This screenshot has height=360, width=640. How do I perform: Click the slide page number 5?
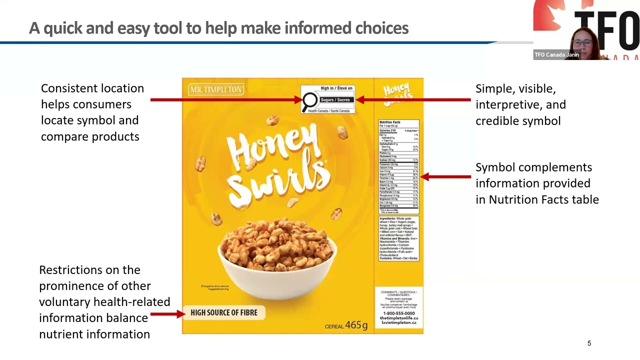pyautogui.click(x=589, y=343)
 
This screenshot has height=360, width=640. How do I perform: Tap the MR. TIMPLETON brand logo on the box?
pyautogui.click(x=216, y=90)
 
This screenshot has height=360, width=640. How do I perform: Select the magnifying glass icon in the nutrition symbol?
pyautogui.click(x=310, y=100)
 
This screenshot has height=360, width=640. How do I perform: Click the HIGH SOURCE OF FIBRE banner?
pyautogui.click(x=223, y=313)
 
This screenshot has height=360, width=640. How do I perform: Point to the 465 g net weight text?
pyautogui.click(x=356, y=325)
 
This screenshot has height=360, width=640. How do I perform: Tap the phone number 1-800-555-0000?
pyautogui.click(x=398, y=313)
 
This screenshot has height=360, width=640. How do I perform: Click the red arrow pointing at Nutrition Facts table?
pyautogui.click(x=445, y=176)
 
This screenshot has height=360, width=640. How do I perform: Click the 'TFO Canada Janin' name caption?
pyautogui.click(x=556, y=55)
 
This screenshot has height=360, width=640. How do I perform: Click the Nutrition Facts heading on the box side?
pyautogui.click(x=389, y=122)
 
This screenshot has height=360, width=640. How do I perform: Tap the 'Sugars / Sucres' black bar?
pyautogui.click(x=335, y=100)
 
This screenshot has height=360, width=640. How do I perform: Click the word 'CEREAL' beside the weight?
pyautogui.click(x=334, y=326)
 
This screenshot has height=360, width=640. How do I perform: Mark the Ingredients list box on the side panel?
pyautogui.click(x=398, y=238)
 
